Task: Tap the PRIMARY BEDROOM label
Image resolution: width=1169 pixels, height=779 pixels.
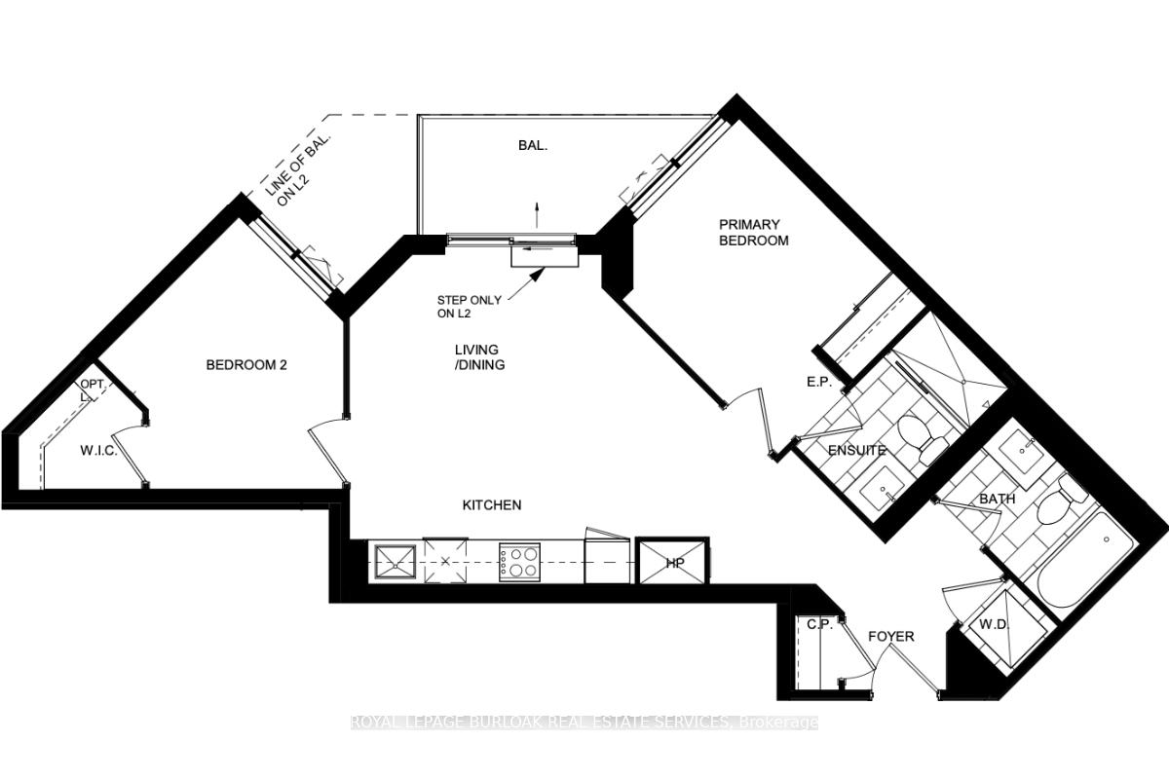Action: click(753, 232)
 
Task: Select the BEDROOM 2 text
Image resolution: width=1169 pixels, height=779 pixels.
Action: click(246, 365)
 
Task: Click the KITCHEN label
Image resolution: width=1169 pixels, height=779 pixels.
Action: click(491, 504)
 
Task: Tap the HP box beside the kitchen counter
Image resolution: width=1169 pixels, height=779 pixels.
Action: click(673, 563)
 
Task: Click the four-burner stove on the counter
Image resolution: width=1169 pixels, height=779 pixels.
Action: click(519, 562)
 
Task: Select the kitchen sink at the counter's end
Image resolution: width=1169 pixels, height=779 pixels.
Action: click(394, 562)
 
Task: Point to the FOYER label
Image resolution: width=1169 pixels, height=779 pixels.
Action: click(891, 636)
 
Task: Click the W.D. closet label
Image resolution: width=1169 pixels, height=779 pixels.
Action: click(993, 623)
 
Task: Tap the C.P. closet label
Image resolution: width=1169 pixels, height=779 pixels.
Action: click(820, 623)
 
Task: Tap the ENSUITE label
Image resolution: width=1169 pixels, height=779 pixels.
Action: click(856, 450)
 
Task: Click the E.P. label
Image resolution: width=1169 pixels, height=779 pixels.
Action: click(818, 383)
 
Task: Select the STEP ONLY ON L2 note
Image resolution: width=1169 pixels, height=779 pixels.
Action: click(469, 307)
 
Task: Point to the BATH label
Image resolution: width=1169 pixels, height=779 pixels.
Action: click(997, 499)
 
